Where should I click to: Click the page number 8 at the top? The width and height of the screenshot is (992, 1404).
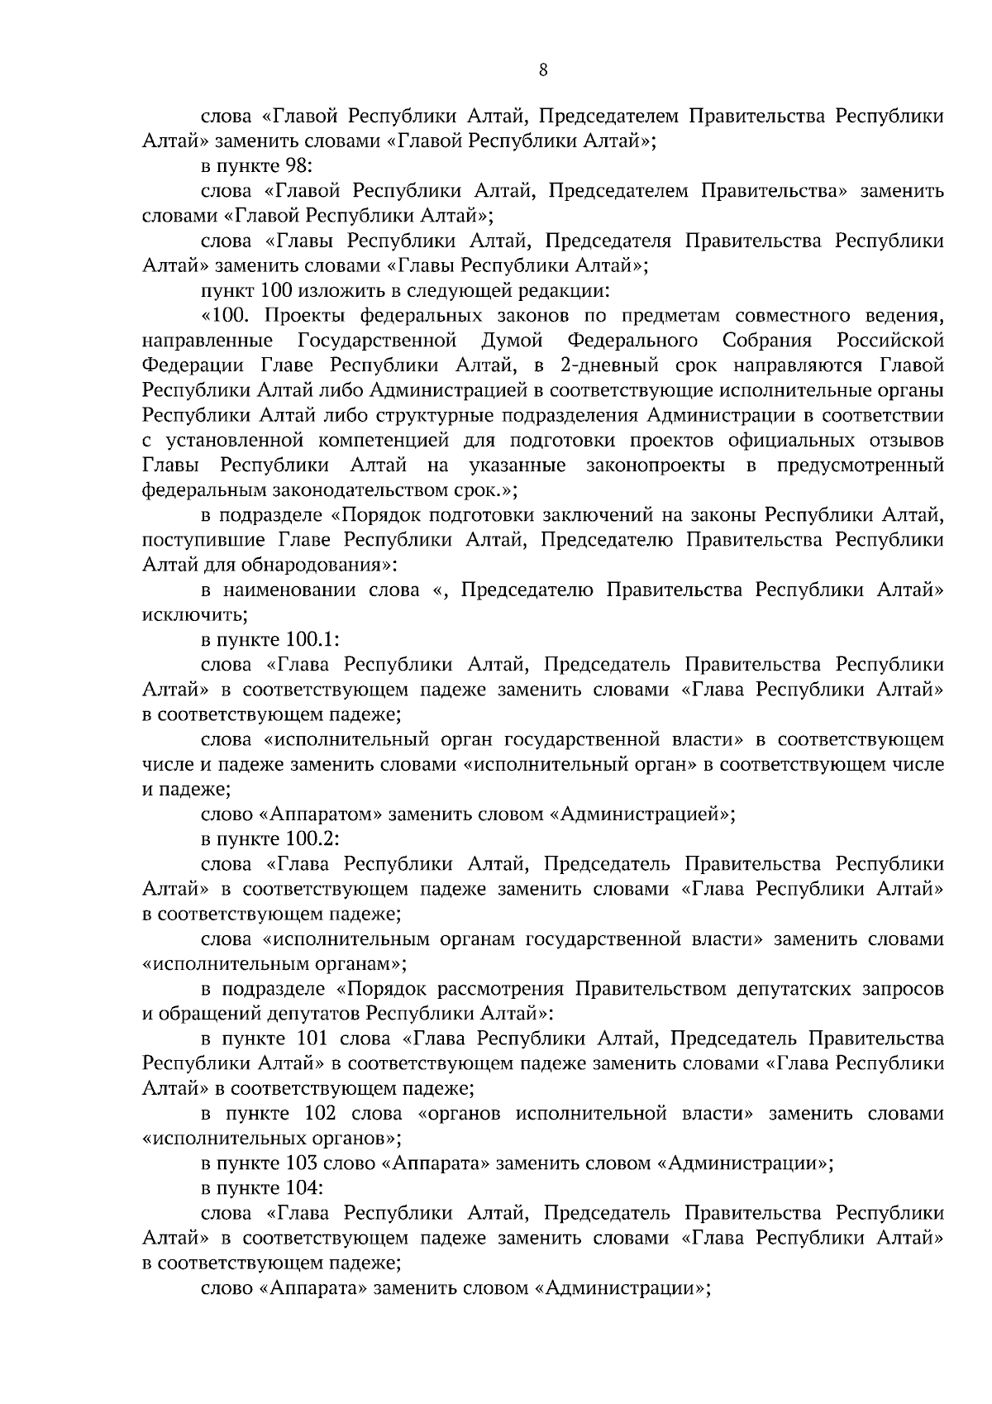coord(542,70)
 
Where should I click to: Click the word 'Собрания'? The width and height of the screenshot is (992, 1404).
coord(767,341)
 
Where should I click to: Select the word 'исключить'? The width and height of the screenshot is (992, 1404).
coord(194,615)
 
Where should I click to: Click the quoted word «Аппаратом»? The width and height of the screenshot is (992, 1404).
coord(323,814)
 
